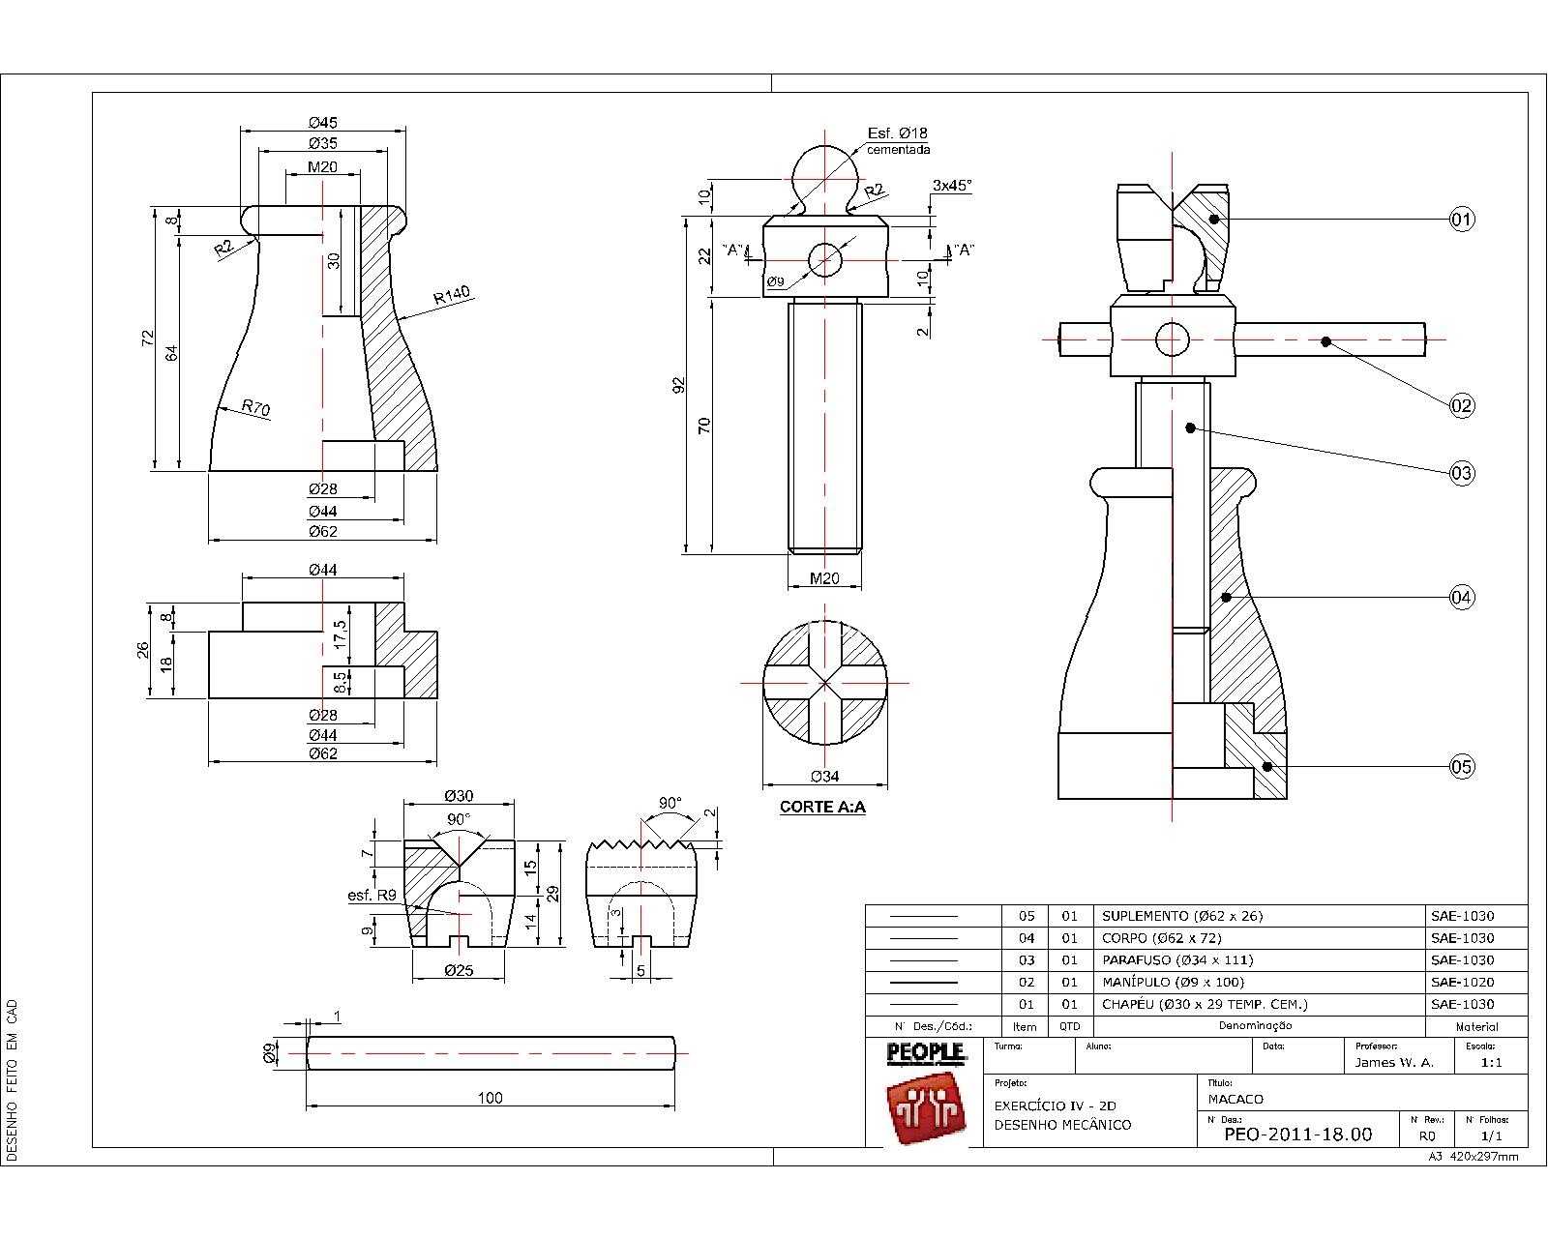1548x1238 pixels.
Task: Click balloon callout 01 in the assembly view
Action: point(1461,219)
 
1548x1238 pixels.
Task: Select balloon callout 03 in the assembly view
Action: point(1461,473)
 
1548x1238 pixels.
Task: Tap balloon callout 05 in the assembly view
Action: point(1461,766)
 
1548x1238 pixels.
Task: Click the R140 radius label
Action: point(452,294)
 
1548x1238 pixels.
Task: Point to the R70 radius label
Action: point(255,408)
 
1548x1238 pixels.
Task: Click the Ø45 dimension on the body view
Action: point(323,122)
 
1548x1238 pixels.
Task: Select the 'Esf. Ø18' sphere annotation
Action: point(897,133)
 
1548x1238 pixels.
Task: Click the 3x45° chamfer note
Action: point(952,185)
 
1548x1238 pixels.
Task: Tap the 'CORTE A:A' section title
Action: point(822,807)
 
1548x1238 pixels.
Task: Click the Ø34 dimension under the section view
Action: point(824,777)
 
